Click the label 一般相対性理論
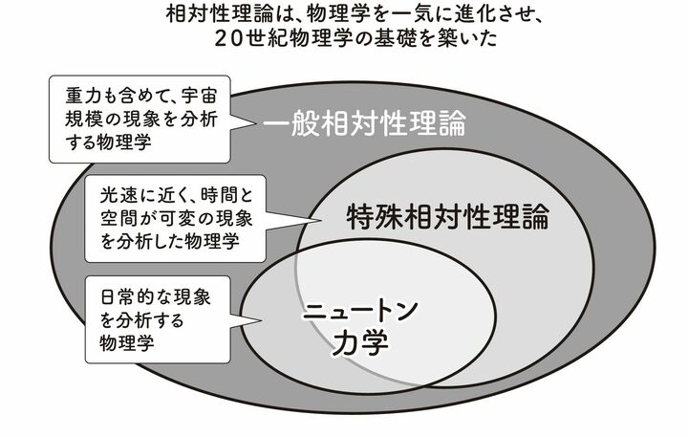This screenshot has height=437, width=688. tap(364, 122)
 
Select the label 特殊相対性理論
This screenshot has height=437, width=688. tap(448, 216)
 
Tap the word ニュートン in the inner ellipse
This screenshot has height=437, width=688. tap(360, 311)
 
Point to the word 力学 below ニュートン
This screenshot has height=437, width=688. tap(360, 342)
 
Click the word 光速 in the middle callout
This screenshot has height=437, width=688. tap(118, 195)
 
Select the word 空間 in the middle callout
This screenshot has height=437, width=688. tap(118, 218)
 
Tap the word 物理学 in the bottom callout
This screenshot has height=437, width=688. tap(127, 342)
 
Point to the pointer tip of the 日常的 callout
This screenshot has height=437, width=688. tap(263, 319)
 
